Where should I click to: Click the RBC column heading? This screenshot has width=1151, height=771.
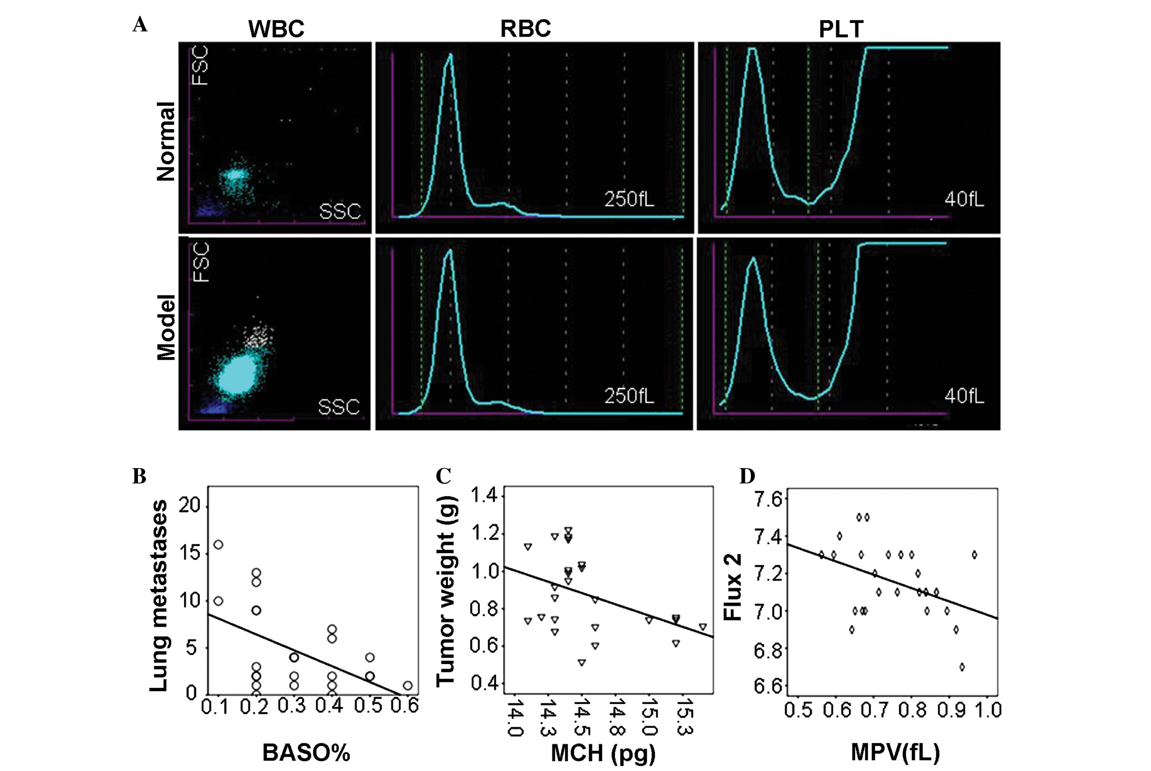[x=525, y=29]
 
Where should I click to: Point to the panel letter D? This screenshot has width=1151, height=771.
[x=747, y=476]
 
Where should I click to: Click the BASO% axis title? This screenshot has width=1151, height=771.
[x=306, y=752]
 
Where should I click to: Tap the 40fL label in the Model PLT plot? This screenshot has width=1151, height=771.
[x=964, y=396]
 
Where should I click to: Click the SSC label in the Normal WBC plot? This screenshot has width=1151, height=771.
[x=340, y=211]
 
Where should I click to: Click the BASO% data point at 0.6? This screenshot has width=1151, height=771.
[x=407, y=685]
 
